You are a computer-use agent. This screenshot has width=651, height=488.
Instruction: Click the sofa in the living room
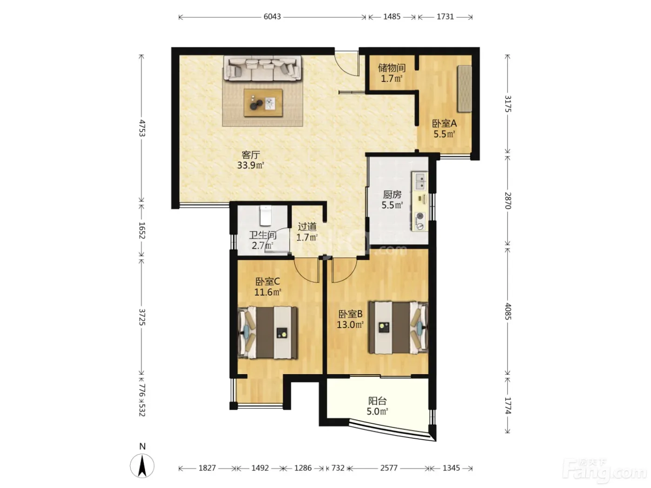262,68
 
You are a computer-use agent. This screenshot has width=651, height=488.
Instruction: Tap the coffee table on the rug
263,103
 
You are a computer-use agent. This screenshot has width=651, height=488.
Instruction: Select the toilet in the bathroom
266,216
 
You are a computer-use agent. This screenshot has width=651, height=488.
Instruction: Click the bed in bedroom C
268,333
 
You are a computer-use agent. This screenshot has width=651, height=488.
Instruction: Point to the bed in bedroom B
399,328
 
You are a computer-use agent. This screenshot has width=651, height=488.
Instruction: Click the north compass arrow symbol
142,466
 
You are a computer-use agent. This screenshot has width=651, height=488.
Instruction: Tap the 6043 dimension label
272,17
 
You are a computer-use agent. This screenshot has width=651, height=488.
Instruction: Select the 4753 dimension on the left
142,128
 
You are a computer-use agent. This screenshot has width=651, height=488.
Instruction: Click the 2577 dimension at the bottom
389,468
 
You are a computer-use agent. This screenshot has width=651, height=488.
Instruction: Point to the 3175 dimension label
508,104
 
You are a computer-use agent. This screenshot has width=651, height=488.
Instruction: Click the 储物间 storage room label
392,68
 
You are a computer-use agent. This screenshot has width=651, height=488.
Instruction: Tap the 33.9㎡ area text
251,165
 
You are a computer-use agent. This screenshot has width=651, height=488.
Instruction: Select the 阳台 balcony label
377,401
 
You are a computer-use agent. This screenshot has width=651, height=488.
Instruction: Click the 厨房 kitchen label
392,195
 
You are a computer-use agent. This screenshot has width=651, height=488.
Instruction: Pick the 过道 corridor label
307,227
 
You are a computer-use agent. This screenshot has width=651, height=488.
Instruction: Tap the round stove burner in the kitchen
420,216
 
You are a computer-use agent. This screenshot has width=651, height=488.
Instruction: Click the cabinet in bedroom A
465,89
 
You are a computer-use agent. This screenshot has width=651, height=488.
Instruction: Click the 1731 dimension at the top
445,17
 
